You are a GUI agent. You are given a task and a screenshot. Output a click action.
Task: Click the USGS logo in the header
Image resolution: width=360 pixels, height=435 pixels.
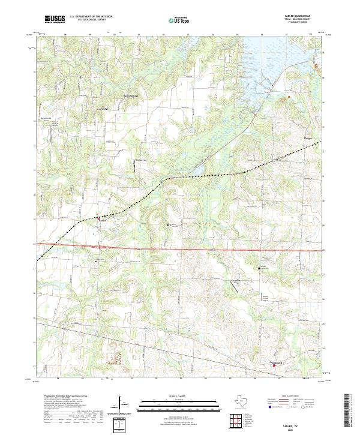pyautogui.click(x=55, y=19)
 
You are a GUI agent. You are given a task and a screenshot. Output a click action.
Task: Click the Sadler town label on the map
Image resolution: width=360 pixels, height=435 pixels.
pyautogui.click(x=103, y=221)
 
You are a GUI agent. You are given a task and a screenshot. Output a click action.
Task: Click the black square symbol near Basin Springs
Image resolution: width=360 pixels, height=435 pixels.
pyautogui.click(x=107, y=109)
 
